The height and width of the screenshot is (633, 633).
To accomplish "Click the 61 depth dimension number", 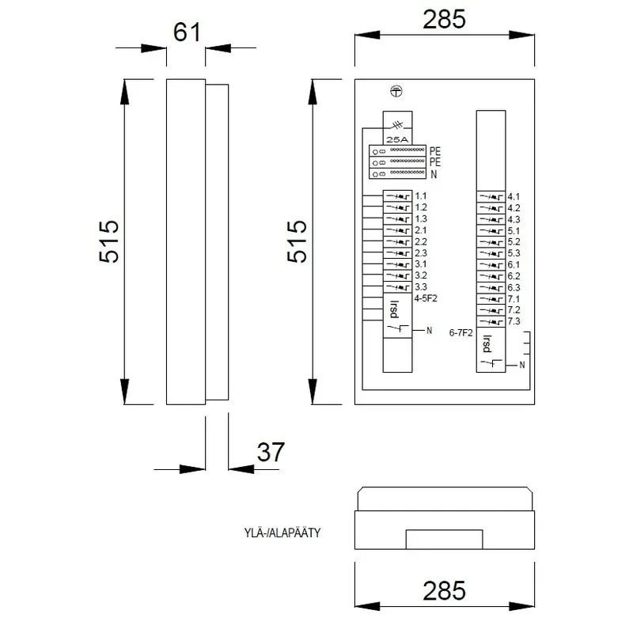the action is pyautogui.click(x=187, y=32).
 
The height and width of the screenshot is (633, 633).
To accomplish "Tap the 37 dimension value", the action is pyautogui.click(x=271, y=452).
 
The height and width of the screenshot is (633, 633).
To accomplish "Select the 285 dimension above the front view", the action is pyautogui.click(x=444, y=19).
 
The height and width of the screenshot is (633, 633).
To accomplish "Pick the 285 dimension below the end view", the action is pyautogui.click(x=444, y=591).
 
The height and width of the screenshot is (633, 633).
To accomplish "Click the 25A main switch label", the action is pyautogui.click(x=397, y=140).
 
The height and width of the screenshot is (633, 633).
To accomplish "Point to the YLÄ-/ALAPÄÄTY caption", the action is pyautogui.click(x=282, y=533).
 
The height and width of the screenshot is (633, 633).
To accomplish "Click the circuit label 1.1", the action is pyautogui.click(x=421, y=196).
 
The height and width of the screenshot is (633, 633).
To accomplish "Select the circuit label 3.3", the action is pyautogui.click(x=421, y=287).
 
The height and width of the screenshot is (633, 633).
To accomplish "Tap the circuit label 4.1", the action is pyautogui.click(x=514, y=197).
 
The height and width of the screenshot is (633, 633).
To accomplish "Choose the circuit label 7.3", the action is pyautogui.click(x=514, y=321).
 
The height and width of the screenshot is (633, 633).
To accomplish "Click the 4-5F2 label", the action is pyautogui.click(x=426, y=298).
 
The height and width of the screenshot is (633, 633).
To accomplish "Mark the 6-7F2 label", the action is pyautogui.click(x=461, y=333).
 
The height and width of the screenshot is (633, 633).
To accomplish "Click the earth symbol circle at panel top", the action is pyautogui.click(x=396, y=92).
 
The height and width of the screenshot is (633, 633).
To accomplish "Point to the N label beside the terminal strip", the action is pyautogui.click(x=434, y=174).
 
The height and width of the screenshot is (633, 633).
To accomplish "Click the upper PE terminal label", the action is pyautogui.click(x=434, y=151).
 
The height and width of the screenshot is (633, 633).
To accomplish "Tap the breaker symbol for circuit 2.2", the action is pyautogui.click(x=398, y=242).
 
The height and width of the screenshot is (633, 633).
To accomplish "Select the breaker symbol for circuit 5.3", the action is pyautogui.click(x=491, y=254).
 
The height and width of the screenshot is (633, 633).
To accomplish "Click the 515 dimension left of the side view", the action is pyautogui.click(x=109, y=241).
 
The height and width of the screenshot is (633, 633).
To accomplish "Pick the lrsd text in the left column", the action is pyautogui.click(x=394, y=309).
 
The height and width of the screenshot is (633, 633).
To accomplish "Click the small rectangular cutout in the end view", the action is pyautogui.click(x=444, y=540).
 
